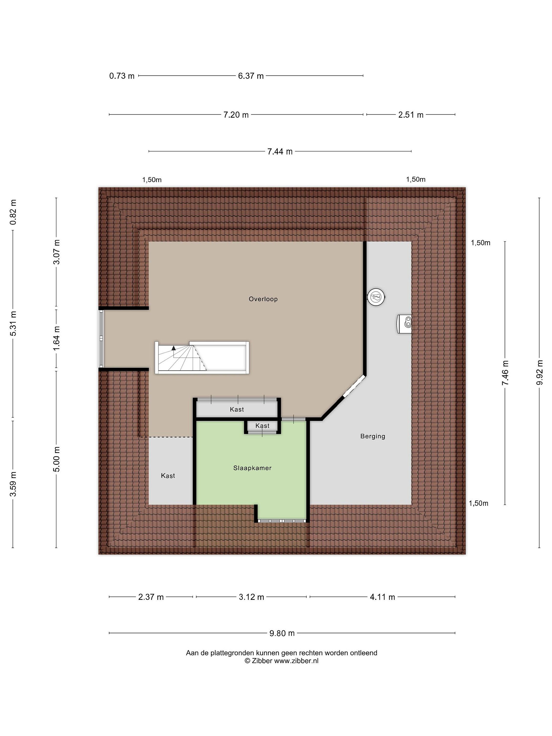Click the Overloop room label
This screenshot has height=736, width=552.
coord(263,299)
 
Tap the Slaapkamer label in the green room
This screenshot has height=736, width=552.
coord(252,468)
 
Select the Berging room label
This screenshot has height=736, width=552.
coord(373,436)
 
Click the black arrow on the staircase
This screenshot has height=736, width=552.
coord(173,348)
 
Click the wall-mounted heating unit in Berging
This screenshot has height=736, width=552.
coord(404,324)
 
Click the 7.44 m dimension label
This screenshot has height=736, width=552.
coord(280,151)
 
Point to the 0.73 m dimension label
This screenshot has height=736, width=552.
coord(122,76)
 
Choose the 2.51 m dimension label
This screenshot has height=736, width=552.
coord(411,115)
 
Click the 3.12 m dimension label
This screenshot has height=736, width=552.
coord(251,597)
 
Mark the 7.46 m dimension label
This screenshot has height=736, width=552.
coord(505,373)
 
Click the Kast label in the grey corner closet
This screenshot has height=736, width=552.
coord(168,476)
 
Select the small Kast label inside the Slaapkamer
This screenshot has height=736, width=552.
coord(262,425)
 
